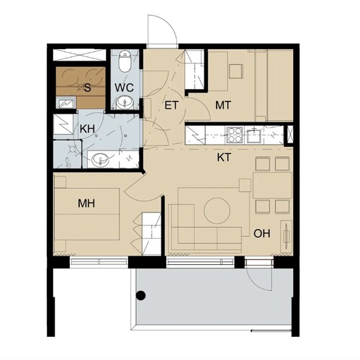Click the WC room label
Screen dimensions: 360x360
click(x=124, y=87)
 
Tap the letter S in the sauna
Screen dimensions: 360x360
click(x=88, y=88)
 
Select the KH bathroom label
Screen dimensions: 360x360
click(x=87, y=129)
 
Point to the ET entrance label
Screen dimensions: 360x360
click(x=171, y=105)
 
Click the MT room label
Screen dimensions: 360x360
click(x=223, y=105)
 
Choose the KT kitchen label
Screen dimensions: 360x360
click(x=224, y=158)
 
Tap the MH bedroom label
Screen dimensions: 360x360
click(x=86, y=203)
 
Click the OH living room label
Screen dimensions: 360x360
click(x=262, y=233)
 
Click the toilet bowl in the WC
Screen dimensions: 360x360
click(x=125, y=61)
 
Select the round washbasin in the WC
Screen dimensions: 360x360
click(x=125, y=103)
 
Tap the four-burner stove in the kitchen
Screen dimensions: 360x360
click(x=235, y=135)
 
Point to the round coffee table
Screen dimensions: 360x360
click(x=217, y=211)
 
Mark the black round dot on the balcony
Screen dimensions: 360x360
click(x=141, y=295)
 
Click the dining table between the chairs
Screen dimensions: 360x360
click(x=272, y=185)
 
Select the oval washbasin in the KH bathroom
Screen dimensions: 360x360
click(x=100, y=159)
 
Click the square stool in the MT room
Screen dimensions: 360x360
click(x=236, y=71)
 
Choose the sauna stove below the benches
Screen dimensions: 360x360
click(x=66, y=103)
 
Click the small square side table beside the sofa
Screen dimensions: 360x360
click(x=245, y=186)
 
